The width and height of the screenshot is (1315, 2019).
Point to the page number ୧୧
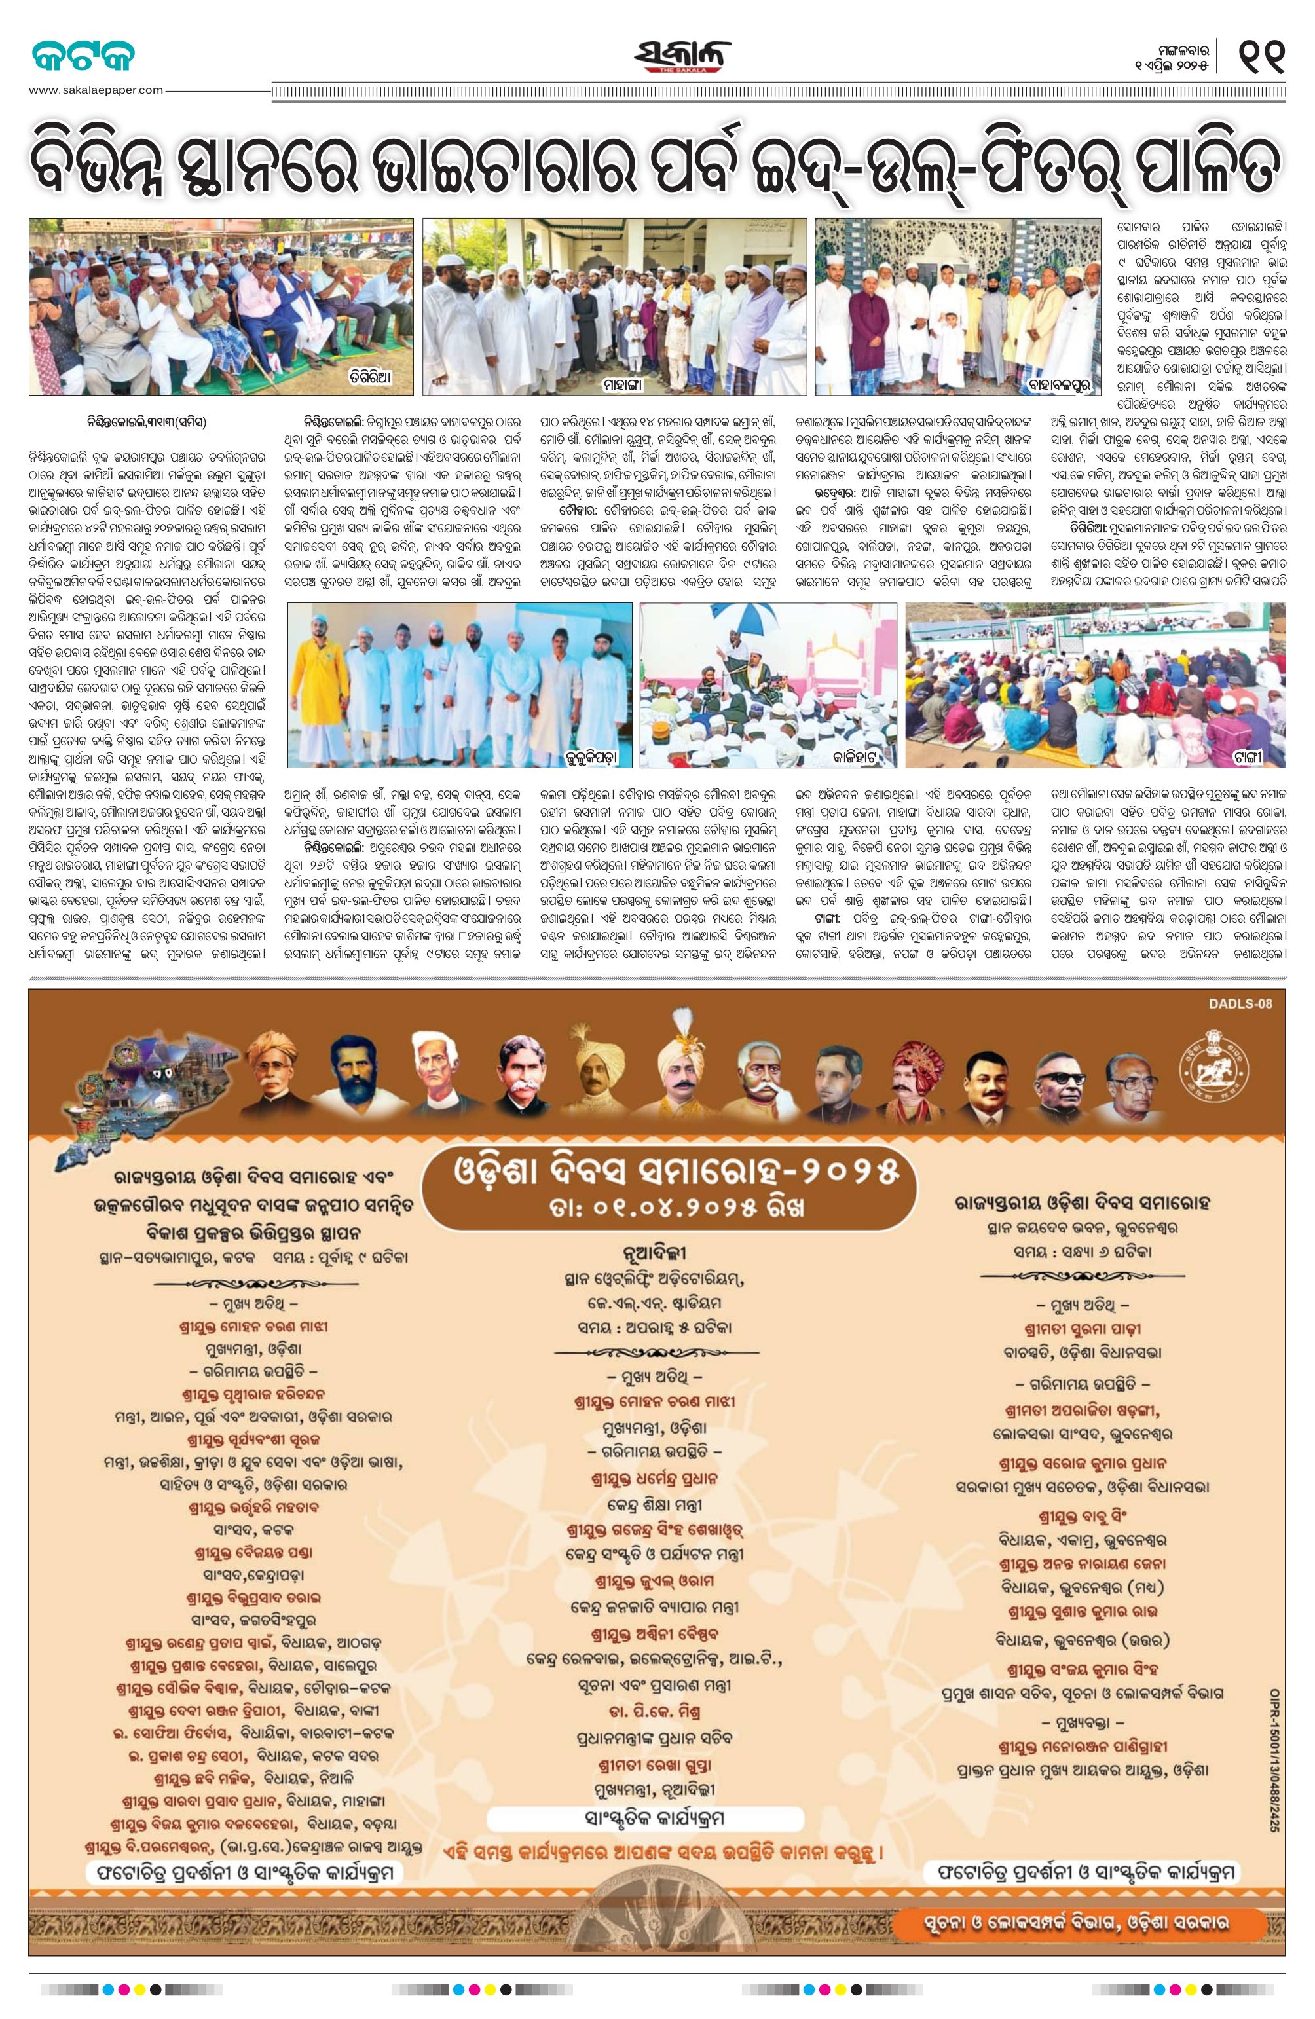[x=1261, y=57]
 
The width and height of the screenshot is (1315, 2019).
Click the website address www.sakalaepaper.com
[x=95, y=89]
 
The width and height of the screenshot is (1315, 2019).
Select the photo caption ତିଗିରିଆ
[x=371, y=374]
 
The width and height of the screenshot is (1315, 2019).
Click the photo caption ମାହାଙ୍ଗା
[x=626, y=385]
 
